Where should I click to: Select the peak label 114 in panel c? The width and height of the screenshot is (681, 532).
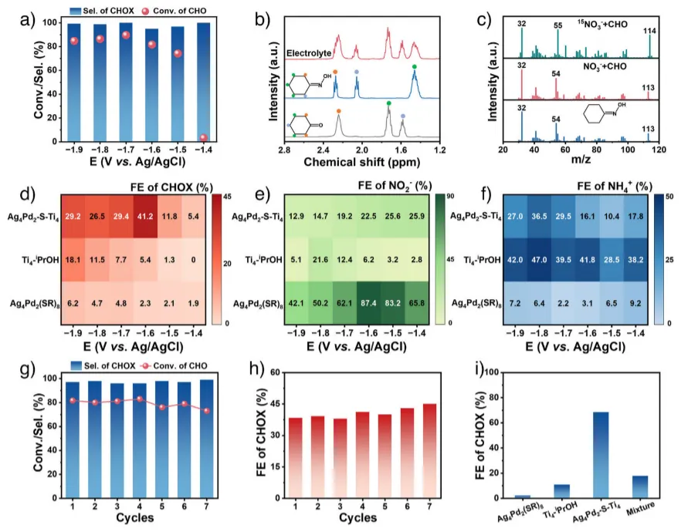click(x=650, y=30)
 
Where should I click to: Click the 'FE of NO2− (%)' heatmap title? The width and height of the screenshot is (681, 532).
click(x=395, y=185)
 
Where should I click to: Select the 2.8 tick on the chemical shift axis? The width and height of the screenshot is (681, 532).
click(x=284, y=149)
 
